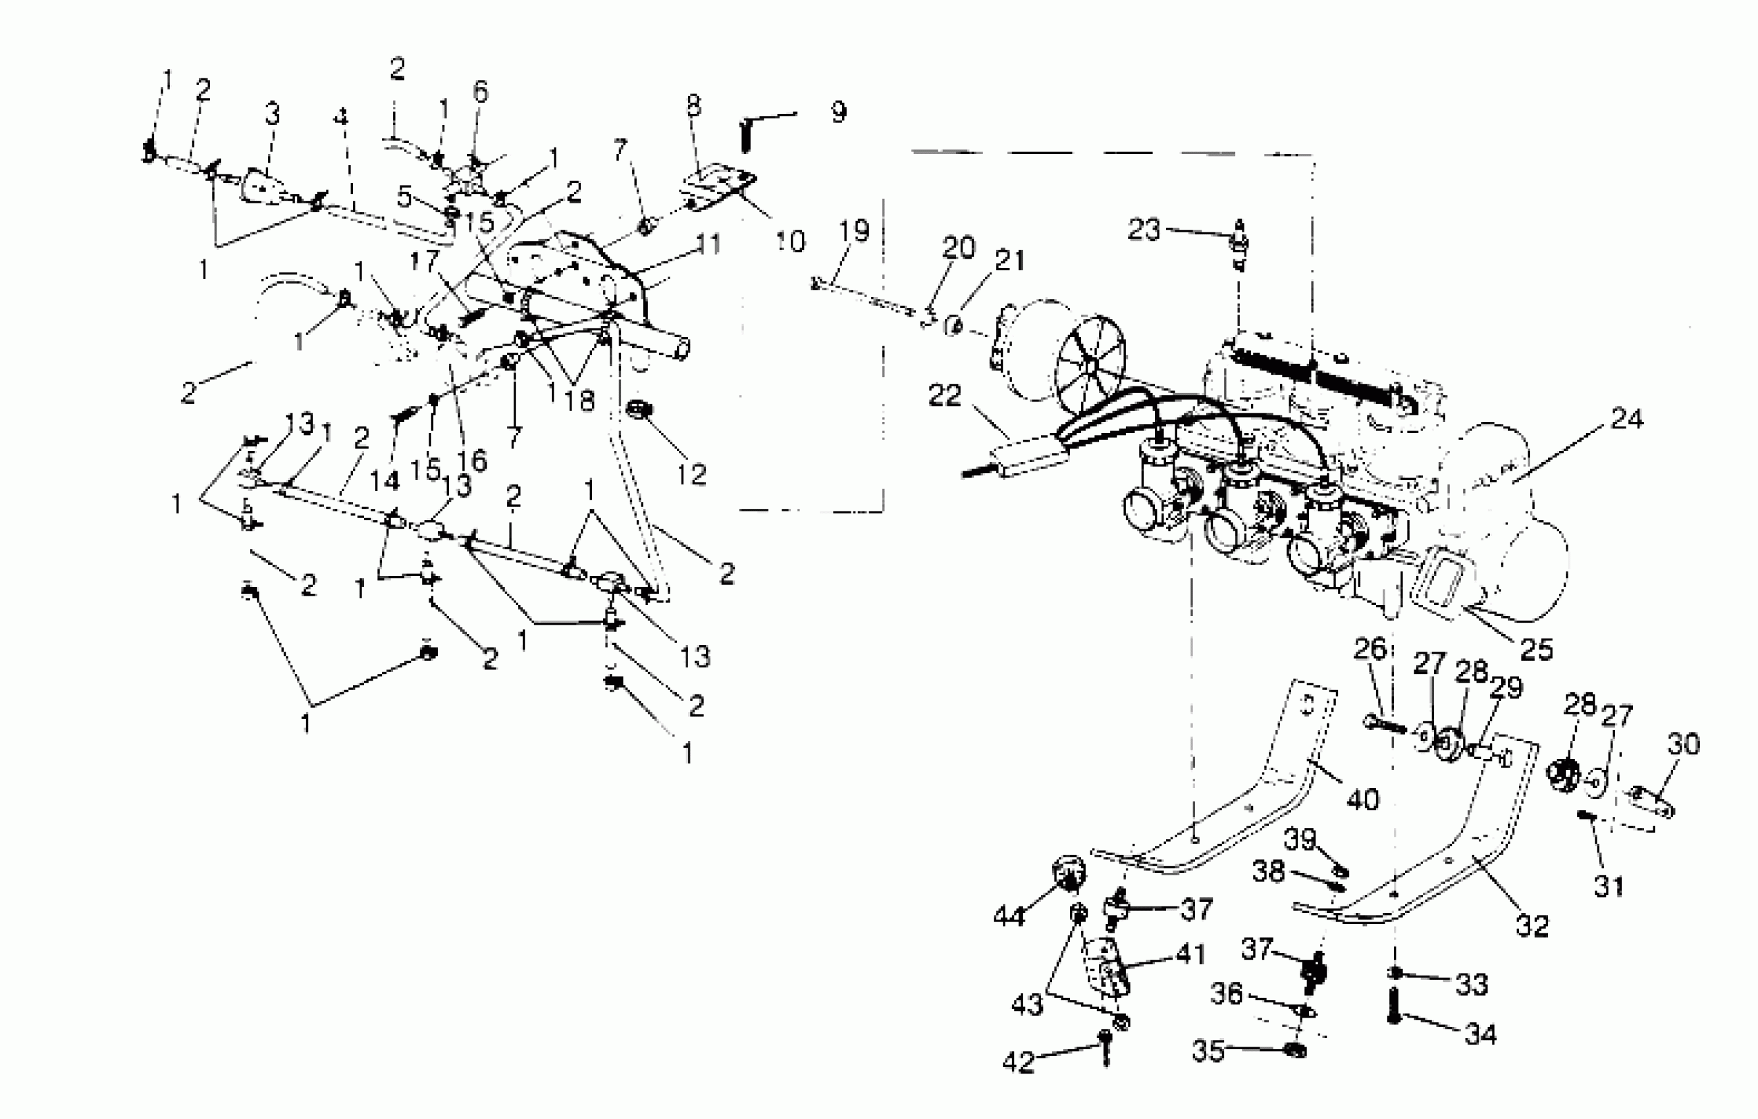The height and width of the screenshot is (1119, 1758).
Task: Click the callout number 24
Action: point(1626,419)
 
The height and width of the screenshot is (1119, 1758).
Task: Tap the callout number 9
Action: point(838,112)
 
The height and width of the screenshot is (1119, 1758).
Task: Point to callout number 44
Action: point(1009,916)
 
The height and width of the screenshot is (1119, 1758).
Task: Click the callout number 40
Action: point(1362,799)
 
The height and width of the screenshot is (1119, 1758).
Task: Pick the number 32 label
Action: point(1532,925)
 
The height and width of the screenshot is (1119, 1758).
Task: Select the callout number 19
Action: point(853,230)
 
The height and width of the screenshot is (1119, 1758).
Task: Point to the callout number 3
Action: point(273,114)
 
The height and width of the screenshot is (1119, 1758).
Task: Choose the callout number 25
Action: point(1535,649)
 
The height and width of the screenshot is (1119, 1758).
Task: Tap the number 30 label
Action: point(1684,743)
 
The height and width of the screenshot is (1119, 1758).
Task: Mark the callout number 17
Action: point(424,260)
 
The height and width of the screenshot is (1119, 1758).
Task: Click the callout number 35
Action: point(1208,1051)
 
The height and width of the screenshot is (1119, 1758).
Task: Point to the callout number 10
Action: point(790,241)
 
